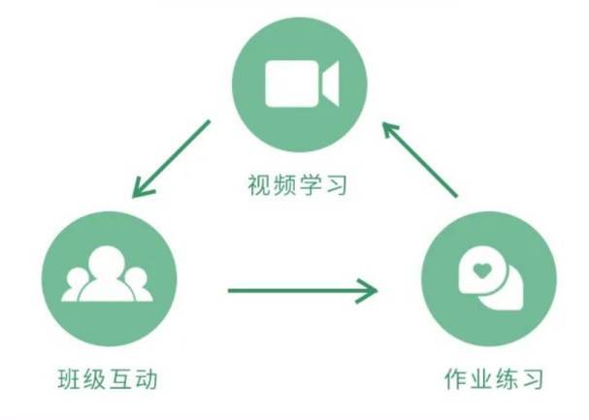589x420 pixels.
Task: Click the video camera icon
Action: pyautogui.click(x=301, y=83)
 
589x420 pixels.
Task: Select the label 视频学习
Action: pyautogui.click(x=296, y=182)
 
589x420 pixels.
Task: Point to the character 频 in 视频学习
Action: pyautogui.click(x=283, y=182)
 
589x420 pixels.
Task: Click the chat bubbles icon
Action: pyautogui.click(x=489, y=280)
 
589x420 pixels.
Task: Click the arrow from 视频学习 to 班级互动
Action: pyautogui.click(x=171, y=159)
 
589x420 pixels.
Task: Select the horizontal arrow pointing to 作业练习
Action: pyautogui.click(x=301, y=289)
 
